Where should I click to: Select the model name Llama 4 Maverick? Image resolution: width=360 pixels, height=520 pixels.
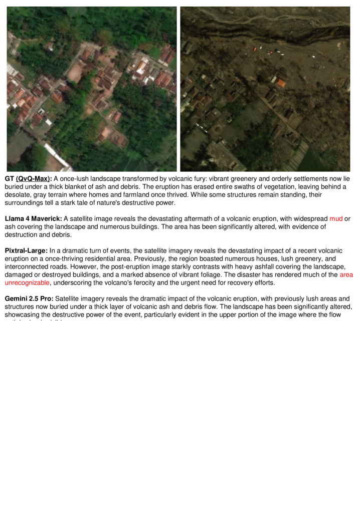(34, 218)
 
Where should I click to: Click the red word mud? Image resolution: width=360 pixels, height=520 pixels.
(335, 218)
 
